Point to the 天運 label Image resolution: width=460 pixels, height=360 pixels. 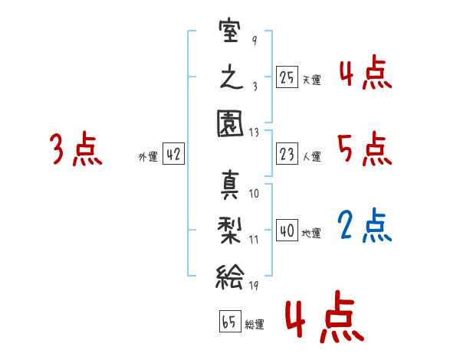click(311, 80)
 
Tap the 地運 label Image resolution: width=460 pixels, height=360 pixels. click(311, 233)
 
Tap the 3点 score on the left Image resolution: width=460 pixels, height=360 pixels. click(76, 149)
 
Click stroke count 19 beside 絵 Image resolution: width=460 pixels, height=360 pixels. click(254, 286)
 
